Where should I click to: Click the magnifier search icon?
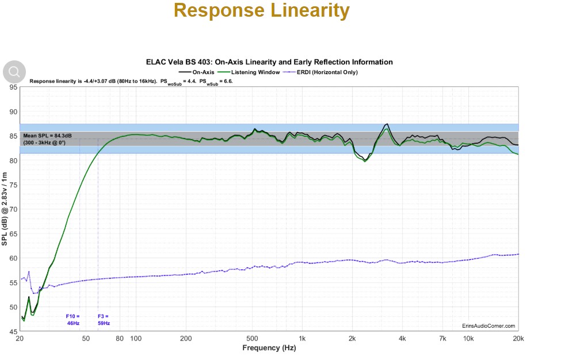(14, 72)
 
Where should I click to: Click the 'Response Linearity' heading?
(261, 11)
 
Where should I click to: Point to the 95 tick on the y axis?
(13, 87)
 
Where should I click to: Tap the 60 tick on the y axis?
(13, 258)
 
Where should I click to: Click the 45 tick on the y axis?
(13, 332)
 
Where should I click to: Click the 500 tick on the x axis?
(251, 339)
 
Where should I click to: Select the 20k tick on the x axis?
(518, 339)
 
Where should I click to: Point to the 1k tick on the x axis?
(302, 339)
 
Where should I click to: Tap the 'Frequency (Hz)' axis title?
(269, 348)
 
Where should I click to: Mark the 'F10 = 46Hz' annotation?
(72, 319)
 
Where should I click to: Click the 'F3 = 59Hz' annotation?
(103, 319)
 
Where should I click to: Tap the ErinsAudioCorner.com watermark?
(489, 325)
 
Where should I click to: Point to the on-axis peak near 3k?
(387, 125)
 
